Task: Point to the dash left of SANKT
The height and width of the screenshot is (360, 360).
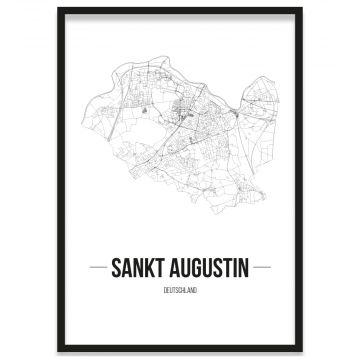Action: click(x=99, y=267)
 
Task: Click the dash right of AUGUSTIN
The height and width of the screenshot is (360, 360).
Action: click(x=261, y=267)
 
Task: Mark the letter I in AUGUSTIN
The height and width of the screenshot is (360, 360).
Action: click(x=235, y=267)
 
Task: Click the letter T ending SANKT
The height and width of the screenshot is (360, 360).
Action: click(x=164, y=267)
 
